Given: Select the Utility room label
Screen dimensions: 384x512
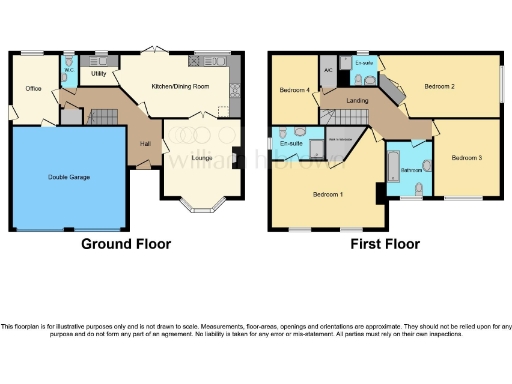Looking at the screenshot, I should click(x=98, y=74).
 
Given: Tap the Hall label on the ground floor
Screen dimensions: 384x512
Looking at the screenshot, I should click(x=145, y=144).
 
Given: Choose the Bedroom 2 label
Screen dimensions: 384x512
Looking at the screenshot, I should click(x=439, y=87).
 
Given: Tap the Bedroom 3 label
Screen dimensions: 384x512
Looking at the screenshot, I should click(x=466, y=158).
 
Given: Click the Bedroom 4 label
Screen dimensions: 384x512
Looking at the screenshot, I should click(x=293, y=90).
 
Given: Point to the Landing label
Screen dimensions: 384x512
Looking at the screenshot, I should click(x=356, y=101).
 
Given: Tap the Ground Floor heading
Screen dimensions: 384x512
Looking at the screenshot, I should click(x=126, y=243).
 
